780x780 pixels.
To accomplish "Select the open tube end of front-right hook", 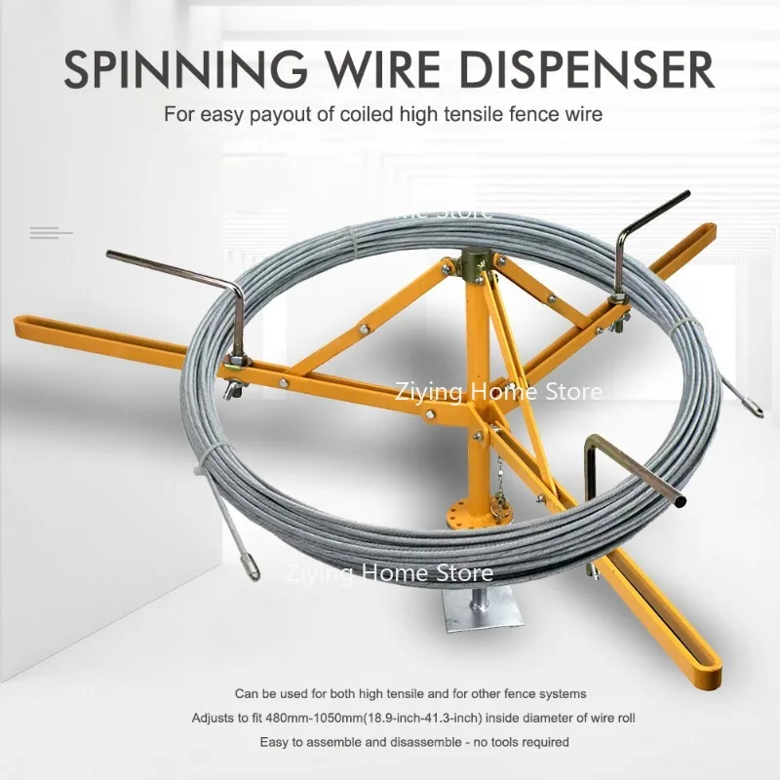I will pos(679,502).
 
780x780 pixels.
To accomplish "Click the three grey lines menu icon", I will pos(52,232).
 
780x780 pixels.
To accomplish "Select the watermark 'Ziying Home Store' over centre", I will pos(498,392).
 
